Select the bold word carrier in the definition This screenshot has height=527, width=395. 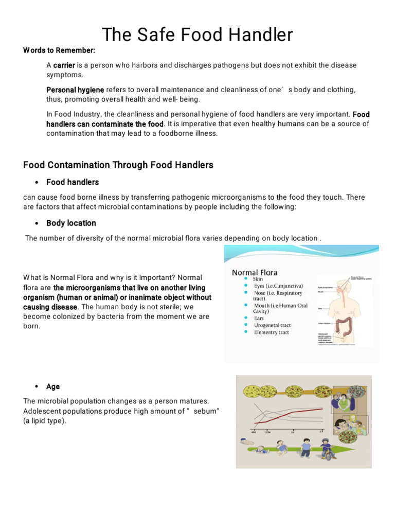pos(64,65)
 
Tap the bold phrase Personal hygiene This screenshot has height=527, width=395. pos(75,90)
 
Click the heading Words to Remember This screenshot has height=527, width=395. pos(59,50)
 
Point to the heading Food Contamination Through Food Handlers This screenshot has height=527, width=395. pos(118,165)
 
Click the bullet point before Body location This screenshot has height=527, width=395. pos(37,223)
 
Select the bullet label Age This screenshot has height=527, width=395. pos(53,387)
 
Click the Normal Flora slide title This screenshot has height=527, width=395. pos(255,272)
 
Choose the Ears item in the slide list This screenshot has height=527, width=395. pos(260,318)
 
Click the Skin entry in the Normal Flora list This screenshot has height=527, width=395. pos(258,279)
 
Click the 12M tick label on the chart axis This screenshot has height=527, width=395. pos(266,432)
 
